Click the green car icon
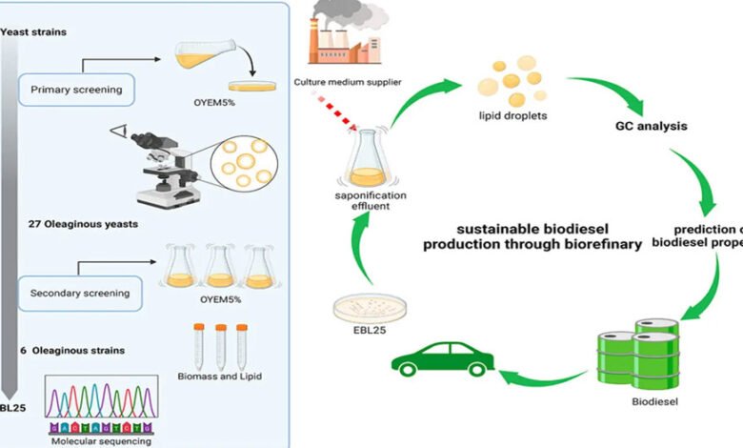(x=433, y=360)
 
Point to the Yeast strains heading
(x=32, y=32)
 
